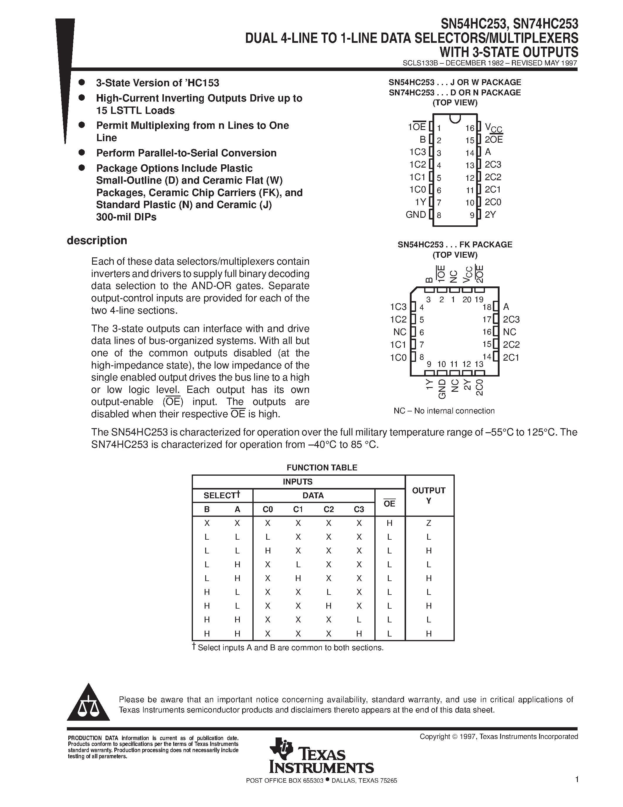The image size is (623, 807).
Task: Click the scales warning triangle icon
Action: [88, 704]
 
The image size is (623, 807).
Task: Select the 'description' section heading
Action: [97, 241]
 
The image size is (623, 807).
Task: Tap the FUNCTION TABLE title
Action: [322, 467]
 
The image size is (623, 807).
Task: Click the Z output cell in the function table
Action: [429, 523]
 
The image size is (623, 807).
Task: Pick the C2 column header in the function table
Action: [328, 509]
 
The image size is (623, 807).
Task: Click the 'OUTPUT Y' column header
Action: [429, 496]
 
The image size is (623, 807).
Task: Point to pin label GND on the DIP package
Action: [416, 215]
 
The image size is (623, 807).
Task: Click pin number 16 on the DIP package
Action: [469, 128]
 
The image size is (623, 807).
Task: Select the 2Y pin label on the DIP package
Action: [490, 215]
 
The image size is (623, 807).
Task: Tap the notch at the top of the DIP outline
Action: [455, 118]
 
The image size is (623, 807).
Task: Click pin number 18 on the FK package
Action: [487, 307]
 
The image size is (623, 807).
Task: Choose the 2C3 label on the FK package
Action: [511, 320]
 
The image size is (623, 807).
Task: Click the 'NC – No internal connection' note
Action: [444, 411]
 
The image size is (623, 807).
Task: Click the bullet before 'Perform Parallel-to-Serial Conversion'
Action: [82, 152]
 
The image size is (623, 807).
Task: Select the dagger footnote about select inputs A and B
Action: [288, 648]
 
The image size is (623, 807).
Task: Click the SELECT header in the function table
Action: [220, 496]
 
